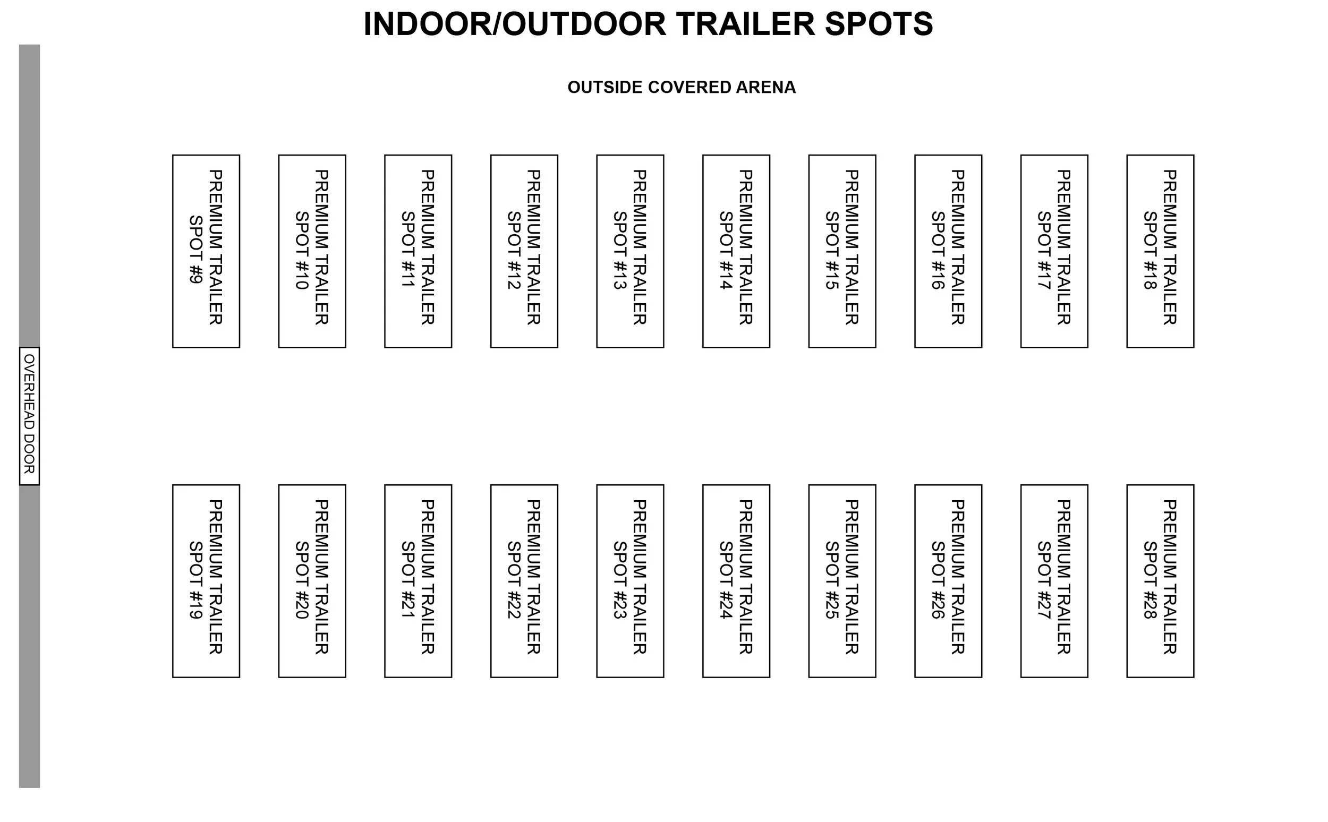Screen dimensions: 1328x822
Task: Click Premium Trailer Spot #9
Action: tap(206, 251)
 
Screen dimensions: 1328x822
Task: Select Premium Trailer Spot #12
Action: tap(524, 251)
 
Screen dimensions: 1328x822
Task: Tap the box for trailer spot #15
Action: tap(842, 251)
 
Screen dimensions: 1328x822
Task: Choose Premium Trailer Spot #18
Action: tap(1160, 251)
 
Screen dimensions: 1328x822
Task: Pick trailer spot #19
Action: tap(206, 580)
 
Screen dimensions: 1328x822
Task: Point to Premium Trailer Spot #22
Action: tap(524, 580)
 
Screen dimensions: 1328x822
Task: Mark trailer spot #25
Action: tap(842, 580)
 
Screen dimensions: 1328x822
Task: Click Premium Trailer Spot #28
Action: tap(1160, 580)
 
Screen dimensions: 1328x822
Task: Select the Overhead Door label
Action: tap(29, 416)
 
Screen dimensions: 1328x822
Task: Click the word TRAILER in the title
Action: tap(746, 24)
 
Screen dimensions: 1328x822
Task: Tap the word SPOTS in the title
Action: tap(878, 24)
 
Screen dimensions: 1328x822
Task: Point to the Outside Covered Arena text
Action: tap(682, 87)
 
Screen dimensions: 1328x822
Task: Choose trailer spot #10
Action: tap(312, 251)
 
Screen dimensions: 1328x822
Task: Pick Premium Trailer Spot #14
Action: tap(736, 251)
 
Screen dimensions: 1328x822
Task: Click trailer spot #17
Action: tap(1054, 251)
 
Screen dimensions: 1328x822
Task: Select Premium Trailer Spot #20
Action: tap(312, 580)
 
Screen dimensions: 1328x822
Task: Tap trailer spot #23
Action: tap(630, 580)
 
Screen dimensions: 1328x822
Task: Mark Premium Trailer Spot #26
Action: tap(948, 580)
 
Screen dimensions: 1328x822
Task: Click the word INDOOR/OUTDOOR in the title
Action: tap(514, 24)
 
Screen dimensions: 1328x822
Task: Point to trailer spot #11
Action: tap(418, 251)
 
